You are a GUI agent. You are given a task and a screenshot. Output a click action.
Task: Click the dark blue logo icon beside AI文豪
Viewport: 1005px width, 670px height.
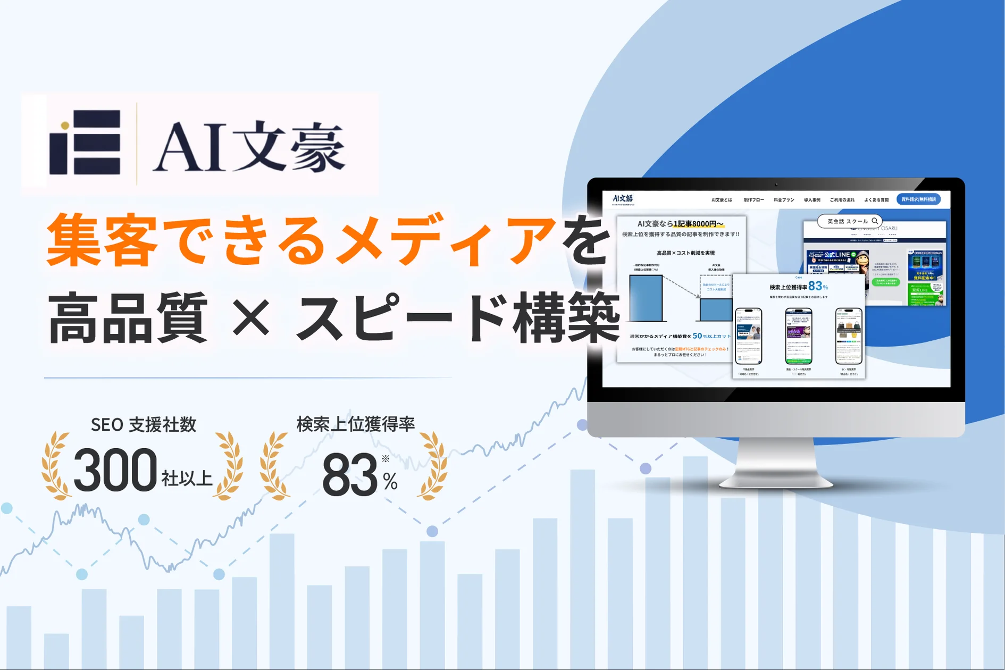click(x=85, y=143)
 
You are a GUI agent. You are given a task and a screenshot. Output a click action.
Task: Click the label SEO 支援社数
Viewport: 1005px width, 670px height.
click(x=144, y=425)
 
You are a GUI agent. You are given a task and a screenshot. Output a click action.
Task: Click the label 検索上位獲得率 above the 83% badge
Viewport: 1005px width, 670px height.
click(x=355, y=424)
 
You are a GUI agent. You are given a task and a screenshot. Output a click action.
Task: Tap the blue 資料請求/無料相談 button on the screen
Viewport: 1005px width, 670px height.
click(x=918, y=199)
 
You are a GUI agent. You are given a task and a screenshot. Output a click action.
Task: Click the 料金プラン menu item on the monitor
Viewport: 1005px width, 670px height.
click(x=784, y=200)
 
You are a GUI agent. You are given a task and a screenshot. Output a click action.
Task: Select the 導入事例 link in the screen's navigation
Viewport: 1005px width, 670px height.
click(x=812, y=200)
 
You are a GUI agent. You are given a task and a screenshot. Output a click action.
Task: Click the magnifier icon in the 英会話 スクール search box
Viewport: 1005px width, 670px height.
click(x=875, y=221)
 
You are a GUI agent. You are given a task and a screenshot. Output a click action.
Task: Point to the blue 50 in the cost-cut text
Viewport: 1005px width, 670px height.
click(x=697, y=336)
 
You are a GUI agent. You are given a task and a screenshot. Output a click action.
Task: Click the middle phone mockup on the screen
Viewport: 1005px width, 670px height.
click(x=798, y=336)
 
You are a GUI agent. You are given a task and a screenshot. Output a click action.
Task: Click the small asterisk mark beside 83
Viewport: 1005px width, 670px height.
click(x=386, y=458)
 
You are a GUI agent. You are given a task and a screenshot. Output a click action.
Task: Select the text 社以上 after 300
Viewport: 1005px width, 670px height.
click(x=187, y=479)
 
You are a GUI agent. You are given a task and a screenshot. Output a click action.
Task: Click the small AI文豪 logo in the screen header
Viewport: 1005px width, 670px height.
click(x=623, y=199)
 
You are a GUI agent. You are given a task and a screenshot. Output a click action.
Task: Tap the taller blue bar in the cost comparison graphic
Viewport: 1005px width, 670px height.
click(x=646, y=298)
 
